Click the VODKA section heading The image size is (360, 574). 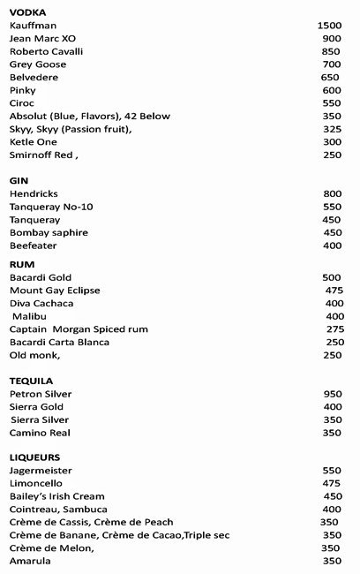click(27, 12)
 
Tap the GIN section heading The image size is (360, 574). click(19, 180)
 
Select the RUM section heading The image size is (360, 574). click(22, 264)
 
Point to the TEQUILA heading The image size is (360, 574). click(32, 381)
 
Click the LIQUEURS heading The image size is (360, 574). click(34, 458)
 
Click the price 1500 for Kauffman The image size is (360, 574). click(329, 26)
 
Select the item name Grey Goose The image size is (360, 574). click(38, 64)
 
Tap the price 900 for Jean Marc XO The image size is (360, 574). click(332, 39)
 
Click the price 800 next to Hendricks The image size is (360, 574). click(332, 193)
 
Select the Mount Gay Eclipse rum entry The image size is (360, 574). click(55, 290)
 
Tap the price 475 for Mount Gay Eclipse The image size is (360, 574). click(334, 290)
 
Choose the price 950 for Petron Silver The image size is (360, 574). click(332, 393)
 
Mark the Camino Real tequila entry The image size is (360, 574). click(40, 433)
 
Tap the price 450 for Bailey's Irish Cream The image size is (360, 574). click(332, 496)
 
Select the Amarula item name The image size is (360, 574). click(31, 561)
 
